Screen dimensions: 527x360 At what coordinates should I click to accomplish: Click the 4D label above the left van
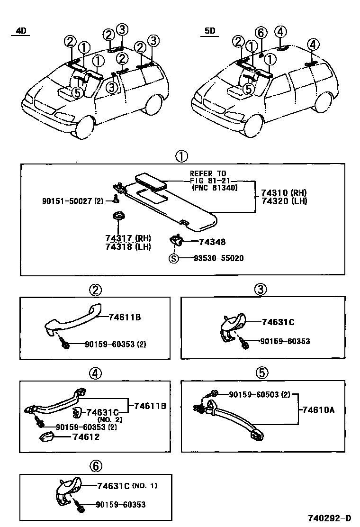tap(21, 31)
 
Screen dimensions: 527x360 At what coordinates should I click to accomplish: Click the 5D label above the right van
tap(210, 31)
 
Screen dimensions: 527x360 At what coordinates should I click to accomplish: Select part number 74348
tap(212, 242)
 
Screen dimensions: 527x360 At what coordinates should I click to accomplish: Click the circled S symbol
tap(174, 258)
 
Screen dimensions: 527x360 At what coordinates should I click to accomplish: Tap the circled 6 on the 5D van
tap(260, 32)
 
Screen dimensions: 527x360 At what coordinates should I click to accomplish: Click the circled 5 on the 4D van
tap(78, 92)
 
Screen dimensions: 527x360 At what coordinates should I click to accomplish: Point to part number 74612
tap(86, 436)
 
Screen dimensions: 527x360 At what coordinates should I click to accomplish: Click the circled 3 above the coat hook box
tap(260, 290)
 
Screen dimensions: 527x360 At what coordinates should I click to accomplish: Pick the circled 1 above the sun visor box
tap(181, 156)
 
